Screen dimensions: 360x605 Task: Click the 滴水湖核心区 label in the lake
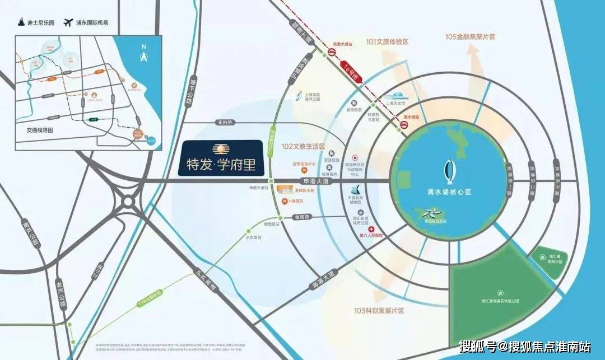446,191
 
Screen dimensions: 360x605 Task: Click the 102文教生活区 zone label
303,146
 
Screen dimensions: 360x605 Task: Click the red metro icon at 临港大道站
331,54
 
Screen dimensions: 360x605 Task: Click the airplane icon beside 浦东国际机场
69,22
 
